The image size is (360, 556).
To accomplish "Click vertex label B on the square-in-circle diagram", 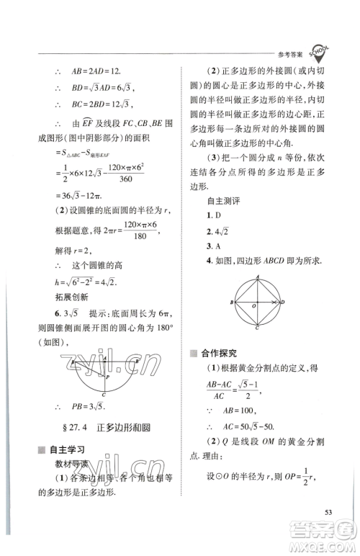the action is point(231,302).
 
